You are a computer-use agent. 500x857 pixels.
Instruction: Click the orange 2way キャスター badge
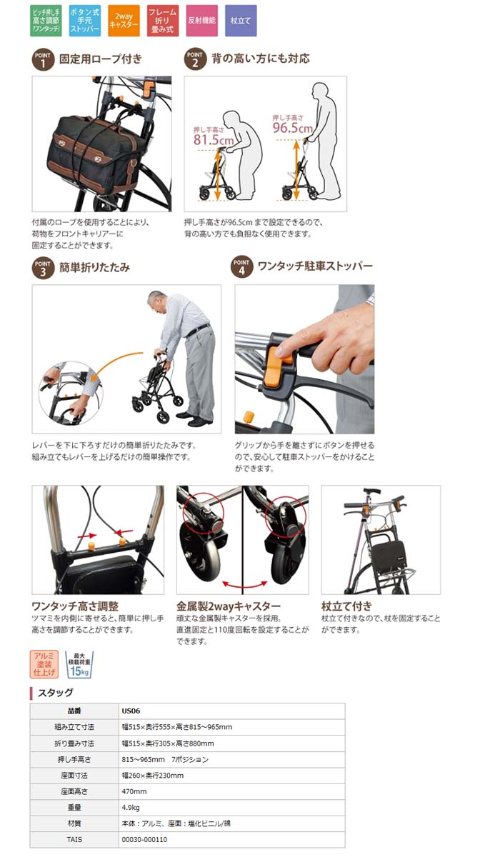124,21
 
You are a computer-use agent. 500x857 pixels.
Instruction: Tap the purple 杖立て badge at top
241,21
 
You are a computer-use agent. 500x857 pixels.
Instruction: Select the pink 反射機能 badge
201,21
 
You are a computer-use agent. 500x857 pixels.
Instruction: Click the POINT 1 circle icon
43,60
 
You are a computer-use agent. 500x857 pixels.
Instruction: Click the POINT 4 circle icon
241,266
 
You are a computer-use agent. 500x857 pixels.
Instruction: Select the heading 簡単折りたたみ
94,267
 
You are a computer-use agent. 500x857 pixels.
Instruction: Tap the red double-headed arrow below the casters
244,584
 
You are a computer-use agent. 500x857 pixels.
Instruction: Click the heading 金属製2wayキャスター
229,606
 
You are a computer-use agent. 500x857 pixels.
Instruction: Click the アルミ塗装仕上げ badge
44,664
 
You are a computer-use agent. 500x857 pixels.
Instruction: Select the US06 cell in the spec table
131,711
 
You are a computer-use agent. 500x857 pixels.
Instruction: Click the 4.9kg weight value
131,807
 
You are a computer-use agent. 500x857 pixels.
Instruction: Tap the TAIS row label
74,839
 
